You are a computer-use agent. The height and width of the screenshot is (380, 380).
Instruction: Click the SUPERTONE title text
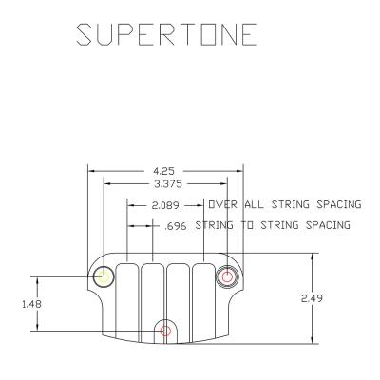[167, 34]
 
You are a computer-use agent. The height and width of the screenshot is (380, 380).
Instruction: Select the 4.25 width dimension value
[163, 171]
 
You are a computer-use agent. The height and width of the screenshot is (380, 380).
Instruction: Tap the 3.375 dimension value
[168, 183]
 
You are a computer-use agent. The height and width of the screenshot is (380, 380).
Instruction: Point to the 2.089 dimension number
[165, 205]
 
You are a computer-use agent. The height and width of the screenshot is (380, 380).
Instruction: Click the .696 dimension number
[176, 226]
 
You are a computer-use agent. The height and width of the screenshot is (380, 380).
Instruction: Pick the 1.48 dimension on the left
[31, 304]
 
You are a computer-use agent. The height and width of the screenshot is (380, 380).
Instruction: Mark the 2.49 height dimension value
[312, 298]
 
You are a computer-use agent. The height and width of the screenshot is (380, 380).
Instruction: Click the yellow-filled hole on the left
[104, 277]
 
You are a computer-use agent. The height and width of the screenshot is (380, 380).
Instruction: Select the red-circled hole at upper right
[227, 277]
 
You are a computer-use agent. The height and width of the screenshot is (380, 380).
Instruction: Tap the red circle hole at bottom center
[164, 331]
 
